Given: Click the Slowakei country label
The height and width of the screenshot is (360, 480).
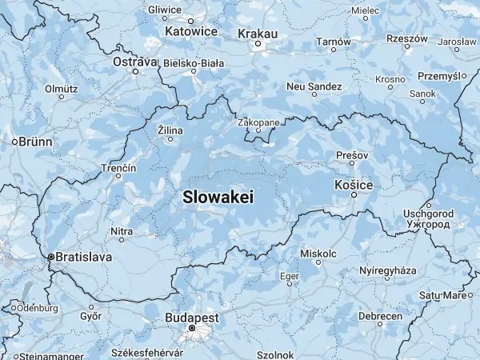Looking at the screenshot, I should (x=218, y=196).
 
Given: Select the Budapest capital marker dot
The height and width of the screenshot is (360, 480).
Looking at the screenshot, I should (x=192, y=328).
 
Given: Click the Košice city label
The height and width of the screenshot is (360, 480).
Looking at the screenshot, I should (x=353, y=185).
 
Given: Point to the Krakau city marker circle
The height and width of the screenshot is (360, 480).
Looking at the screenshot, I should (x=258, y=44).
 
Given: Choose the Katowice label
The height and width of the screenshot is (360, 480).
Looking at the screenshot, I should (x=191, y=31).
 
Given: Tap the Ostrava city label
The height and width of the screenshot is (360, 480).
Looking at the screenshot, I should (x=134, y=61).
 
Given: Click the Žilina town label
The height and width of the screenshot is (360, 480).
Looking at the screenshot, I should (x=170, y=130).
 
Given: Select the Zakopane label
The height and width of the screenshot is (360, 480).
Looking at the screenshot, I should (x=258, y=122).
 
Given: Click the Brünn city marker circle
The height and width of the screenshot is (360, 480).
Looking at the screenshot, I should (x=14, y=142).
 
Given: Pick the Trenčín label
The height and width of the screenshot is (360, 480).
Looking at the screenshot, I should (x=118, y=168).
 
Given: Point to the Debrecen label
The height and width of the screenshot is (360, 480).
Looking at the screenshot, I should (x=380, y=316).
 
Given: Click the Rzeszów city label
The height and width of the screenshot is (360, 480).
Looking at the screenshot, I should (x=407, y=38).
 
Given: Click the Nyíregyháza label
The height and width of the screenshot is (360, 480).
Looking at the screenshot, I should (x=388, y=271).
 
